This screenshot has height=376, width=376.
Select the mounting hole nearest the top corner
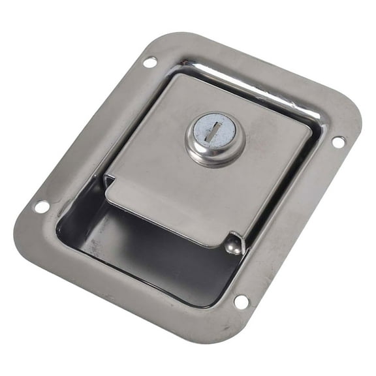[x=149, y=63]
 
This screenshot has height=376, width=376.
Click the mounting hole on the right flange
[x=337, y=141]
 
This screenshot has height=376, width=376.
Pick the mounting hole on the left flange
[x=41, y=206]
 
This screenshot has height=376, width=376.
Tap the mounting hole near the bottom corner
[x=241, y=302]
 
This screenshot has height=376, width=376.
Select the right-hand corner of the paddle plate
[x=307, y=128]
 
